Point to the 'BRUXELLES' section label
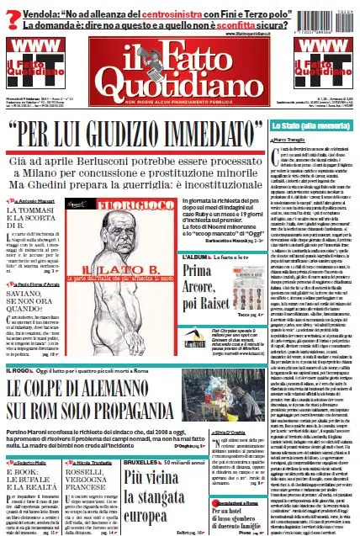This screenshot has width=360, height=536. [131, 438]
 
